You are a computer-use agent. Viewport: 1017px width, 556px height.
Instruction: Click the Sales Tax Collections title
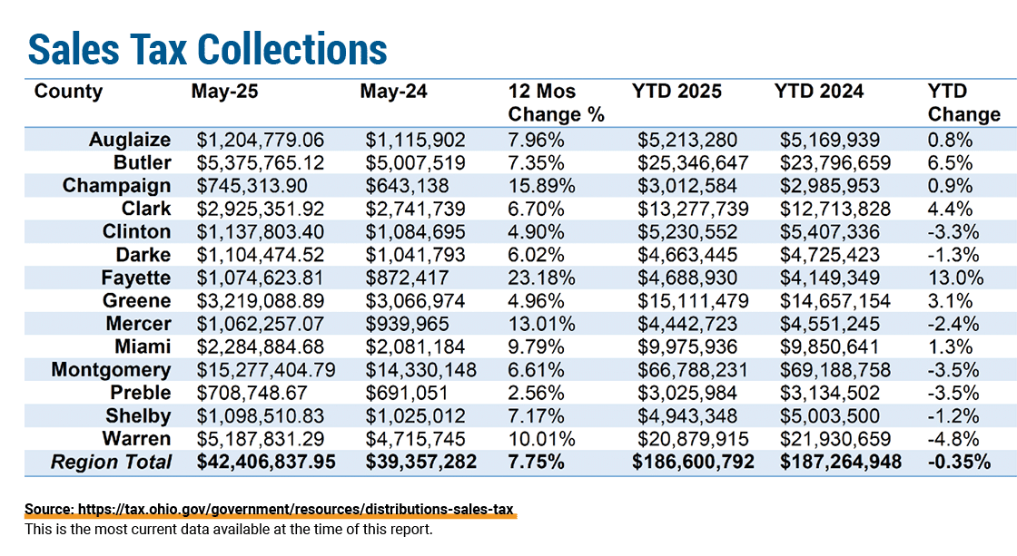coord(208,49)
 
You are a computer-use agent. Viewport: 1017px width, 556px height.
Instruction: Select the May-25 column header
coord(224,92)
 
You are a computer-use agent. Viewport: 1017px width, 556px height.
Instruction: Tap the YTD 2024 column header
coord(818,92)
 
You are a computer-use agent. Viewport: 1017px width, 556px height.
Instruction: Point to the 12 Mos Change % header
coord(556,103)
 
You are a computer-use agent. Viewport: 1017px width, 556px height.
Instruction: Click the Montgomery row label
coord(111,370)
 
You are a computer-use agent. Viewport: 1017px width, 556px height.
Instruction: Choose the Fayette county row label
coord(135,278)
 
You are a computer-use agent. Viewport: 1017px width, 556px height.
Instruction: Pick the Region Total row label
coord(111,462)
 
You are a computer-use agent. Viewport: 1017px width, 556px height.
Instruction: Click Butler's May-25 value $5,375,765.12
coord(261,162)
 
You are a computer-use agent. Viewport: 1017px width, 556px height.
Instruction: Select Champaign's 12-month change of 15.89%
coord(541,186)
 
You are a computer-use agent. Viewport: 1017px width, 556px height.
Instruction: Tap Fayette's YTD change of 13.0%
coord(955,278)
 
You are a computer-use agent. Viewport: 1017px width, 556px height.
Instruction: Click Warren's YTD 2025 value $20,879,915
coord(693,439)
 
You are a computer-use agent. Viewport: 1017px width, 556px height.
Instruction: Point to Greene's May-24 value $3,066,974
coord(415,301)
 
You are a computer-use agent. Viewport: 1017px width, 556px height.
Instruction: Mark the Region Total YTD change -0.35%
coord(959,462)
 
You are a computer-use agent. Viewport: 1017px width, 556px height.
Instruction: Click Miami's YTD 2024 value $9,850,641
coord(830,347)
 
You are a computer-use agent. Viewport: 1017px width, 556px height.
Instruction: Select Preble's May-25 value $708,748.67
coord(252,394)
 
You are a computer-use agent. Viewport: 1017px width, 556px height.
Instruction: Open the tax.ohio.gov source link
coord(269,510)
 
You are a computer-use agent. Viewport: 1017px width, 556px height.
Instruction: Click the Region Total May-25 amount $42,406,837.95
coord(267,462)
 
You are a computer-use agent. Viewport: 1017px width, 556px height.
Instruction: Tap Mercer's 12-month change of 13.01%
coord(541,324)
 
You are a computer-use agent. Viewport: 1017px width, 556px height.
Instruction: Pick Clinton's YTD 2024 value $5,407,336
coord(830,232)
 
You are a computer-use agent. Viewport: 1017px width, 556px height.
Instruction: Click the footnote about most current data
coord(228,530)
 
